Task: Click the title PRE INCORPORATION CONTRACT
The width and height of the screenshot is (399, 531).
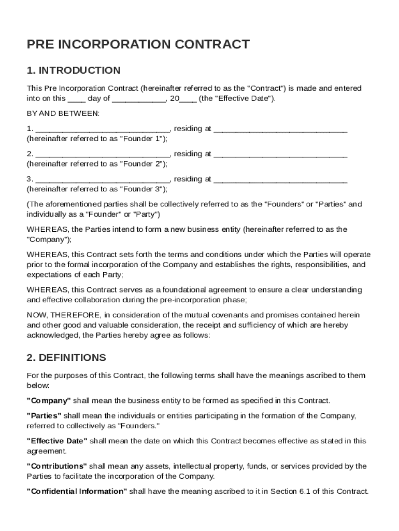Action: point(138,45)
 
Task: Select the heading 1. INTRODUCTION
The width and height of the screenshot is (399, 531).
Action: point(74,71)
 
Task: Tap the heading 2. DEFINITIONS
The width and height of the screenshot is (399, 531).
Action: point(66,358)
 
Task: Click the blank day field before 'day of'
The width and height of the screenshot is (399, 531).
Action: point(77,99)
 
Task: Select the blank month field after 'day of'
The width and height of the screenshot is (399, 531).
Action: point(138,99)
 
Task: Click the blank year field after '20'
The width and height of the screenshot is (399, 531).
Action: point(188,99)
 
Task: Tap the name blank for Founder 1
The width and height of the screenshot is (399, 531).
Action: point(103,129)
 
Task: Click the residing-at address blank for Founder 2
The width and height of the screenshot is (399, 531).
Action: point(280,154)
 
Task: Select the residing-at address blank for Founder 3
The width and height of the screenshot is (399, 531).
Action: point(280,179)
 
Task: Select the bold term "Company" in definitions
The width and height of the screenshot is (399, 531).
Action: point(49,401)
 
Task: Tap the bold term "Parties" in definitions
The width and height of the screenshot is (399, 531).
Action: point(44,416)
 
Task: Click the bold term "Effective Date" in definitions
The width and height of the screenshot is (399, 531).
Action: point(57,441)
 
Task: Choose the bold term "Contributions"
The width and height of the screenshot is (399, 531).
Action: point(56,466)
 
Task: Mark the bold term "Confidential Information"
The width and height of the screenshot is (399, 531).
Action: point(77,492)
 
